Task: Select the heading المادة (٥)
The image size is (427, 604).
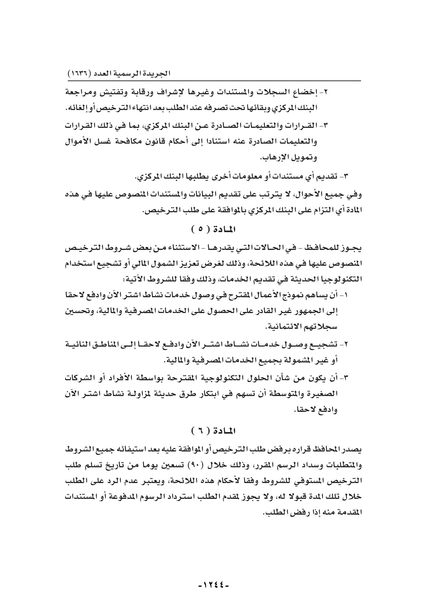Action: [x=213, y=230]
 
